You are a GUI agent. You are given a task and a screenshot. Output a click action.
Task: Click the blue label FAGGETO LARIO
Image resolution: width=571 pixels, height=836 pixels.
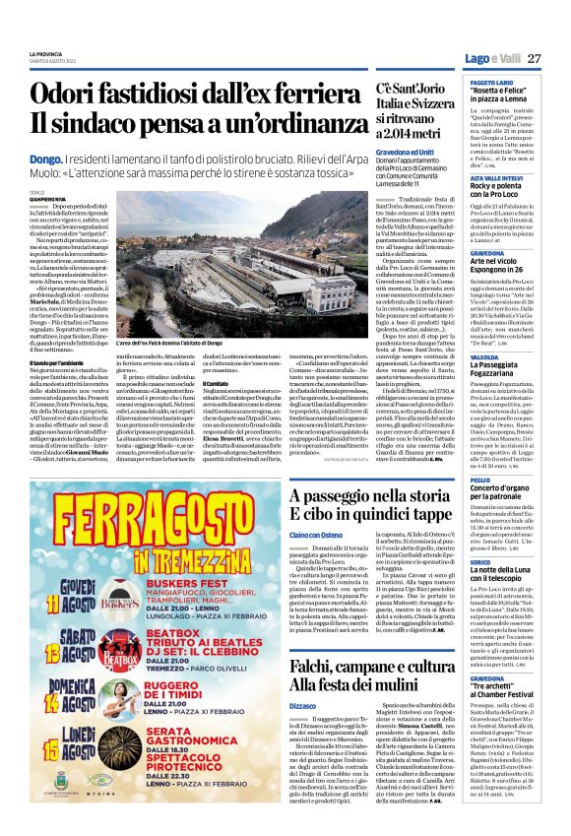click(x=481, y=84)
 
